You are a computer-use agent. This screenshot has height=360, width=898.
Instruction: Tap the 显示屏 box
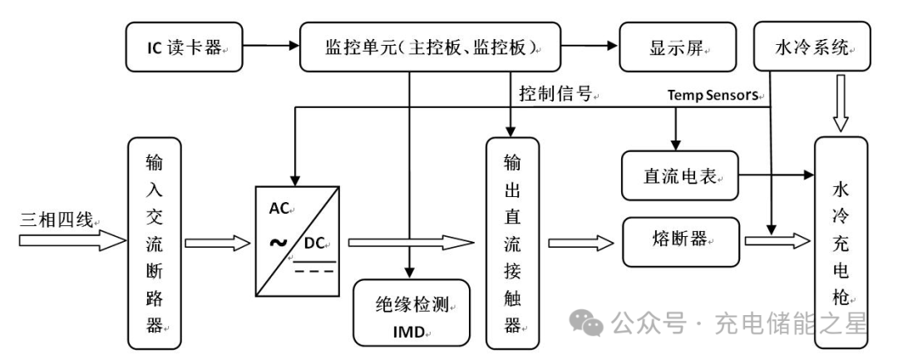(x=678, y=47)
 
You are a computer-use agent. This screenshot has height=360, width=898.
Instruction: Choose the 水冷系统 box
(x=807, y=47)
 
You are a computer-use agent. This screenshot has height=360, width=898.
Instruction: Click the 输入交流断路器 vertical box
(x=153, y=241)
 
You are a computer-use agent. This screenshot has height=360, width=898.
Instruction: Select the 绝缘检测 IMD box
(x=412, y=313)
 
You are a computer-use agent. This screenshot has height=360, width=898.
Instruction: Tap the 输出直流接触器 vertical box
(x=512, y=241)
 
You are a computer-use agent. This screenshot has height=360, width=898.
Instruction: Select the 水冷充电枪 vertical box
(x=841, y=241)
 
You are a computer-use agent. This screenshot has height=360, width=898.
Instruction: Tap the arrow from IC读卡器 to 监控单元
(x=262, y=47)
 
